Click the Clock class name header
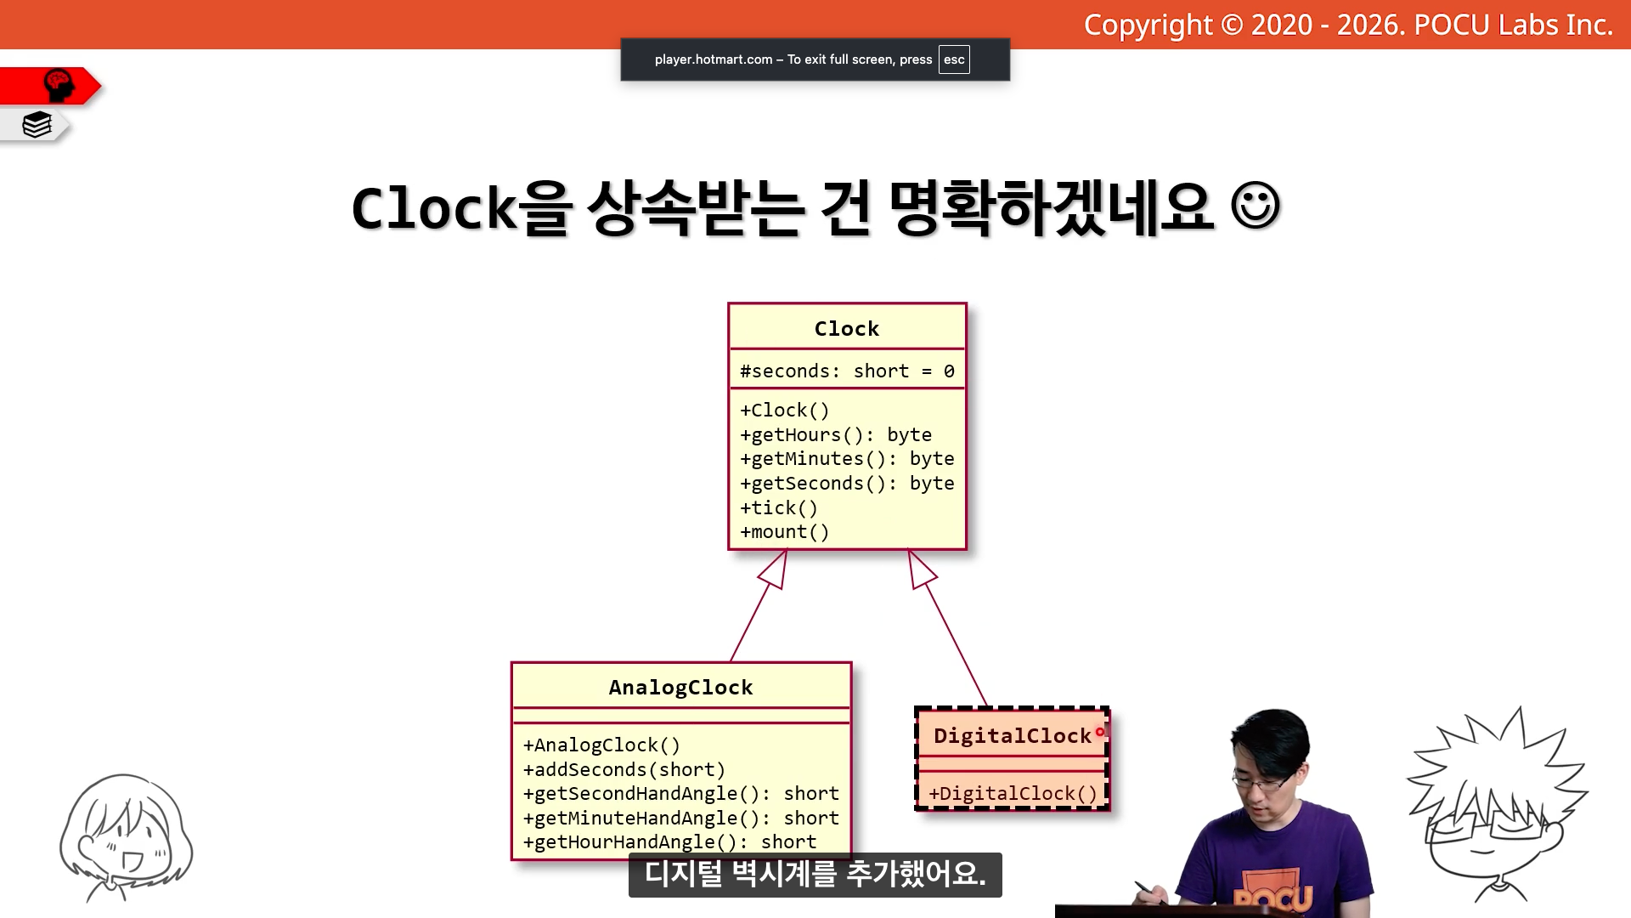[x=847, y=328]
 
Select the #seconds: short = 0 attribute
[x=847, y=371]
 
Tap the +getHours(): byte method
[x=836, y=434]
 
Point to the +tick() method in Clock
[x=779, y=507]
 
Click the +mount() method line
[x=784, y=531]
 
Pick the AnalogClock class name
[x=680, y=687]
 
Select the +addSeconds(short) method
[x=624, y=769]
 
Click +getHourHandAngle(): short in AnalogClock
[x=669, y=841]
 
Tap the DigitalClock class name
[x=1012, y=735]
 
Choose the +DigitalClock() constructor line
[x=1013, y=793]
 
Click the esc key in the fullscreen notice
[x=954, y=59]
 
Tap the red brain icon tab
[x=59, y=86]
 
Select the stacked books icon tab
[x=37, y=125]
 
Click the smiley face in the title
[x=1255, y=207]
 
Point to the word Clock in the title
[x=434, y=209]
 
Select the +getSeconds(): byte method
[x=847, y=483]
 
